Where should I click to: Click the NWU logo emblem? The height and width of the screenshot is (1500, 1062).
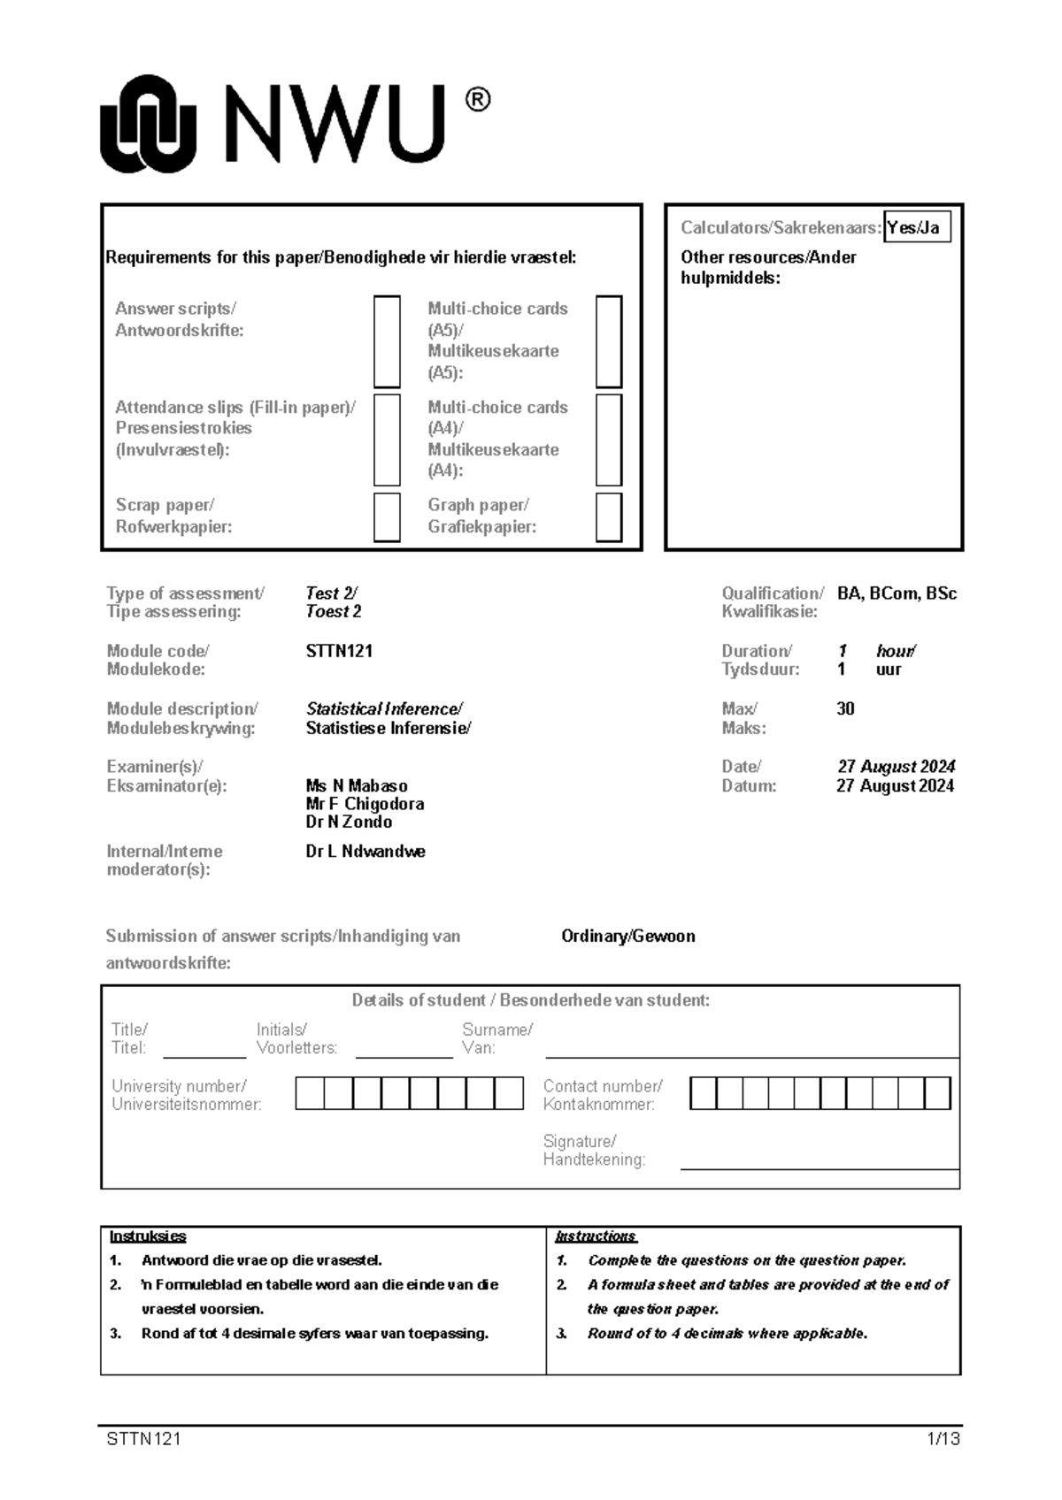click(x=148, y=124)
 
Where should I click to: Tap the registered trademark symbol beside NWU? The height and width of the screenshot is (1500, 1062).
click(x=476, y=100)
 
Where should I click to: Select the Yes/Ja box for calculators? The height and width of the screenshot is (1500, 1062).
click(x=917, y=228)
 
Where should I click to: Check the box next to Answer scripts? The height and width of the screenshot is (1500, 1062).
click(x=387, y=341)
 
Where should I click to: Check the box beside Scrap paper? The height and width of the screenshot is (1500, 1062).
click(x=387, y=517)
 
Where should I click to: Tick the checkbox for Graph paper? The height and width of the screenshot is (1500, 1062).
click(x=609, y=517)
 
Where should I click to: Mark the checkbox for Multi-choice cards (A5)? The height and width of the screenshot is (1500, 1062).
click(x=609, y=341)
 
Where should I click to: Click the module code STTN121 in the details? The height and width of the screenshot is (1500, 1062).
click(x=339, y=651)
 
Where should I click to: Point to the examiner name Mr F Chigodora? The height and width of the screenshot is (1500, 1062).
click(x=365, y=804)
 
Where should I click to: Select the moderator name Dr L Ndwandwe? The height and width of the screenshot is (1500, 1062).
click(x=366, y=852)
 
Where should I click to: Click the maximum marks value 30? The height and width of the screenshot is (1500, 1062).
click(x=845, y=708)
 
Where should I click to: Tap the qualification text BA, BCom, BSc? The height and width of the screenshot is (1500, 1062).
click(x=897, y=593)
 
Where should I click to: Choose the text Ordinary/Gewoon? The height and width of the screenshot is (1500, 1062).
click(x=628, y=936)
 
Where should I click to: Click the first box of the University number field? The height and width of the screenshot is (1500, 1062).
click(x=310, y=1093)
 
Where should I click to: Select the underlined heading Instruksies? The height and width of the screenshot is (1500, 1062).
click(x=148, y=1236)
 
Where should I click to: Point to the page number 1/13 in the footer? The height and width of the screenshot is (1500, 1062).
click(x=943, y=1439)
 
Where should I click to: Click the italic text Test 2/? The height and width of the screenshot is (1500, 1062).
click(x=331, y=593)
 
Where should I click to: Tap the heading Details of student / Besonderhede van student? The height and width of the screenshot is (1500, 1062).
click(x=530, y=1000)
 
